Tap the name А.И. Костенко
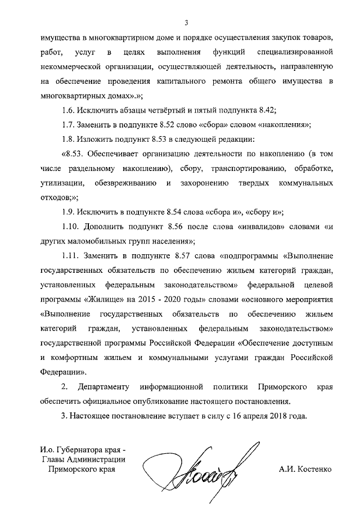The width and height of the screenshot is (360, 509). coord(305,468)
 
